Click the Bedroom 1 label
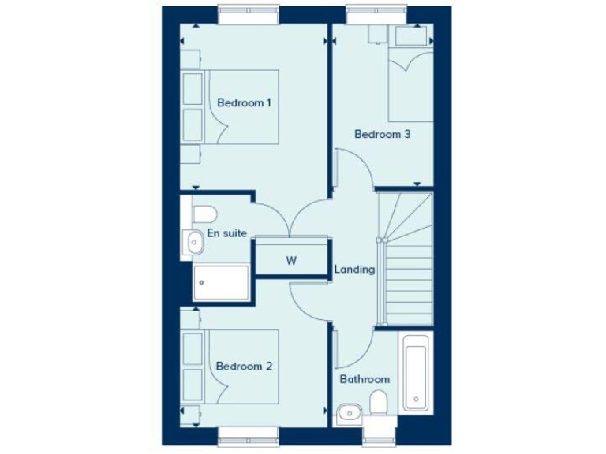coord(245,103)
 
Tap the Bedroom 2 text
coord(245,367)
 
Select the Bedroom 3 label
coord(383,134)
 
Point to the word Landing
coord(354,269)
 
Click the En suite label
coord(227,233)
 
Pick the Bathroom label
coord(365,379)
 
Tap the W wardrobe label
coord(291,261)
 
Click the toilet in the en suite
coord(204,214)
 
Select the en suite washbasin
coord(194,242)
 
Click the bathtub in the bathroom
coord(416,373)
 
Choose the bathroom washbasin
coord(348,412)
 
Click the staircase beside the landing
coord(406,260)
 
